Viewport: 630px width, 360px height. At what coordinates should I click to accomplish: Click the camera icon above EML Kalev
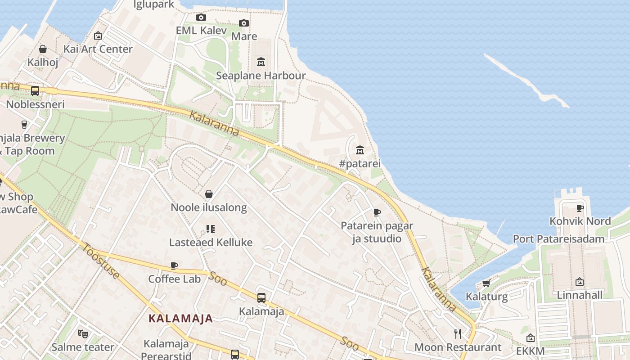pos(201,18)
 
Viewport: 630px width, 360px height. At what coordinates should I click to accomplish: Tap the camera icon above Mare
pos(244,23)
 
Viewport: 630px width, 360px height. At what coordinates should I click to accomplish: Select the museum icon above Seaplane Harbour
pos(261,62)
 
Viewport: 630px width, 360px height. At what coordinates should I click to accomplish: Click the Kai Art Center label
pos(98,49)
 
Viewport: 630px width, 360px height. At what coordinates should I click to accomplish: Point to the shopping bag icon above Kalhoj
pos(43,49)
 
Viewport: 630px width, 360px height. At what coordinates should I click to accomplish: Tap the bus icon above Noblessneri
pos(35,90)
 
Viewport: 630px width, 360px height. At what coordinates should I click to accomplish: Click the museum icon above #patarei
pos(360,150)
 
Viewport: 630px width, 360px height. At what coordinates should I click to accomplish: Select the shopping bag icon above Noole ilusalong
pos(209,194)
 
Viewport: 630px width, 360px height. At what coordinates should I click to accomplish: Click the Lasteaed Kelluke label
pos(211,243)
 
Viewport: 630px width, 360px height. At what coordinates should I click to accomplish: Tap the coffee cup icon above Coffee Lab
pos(174,265)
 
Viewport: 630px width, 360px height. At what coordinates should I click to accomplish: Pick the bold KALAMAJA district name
pos(181,319)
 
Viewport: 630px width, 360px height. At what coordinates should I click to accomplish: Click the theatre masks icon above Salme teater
pos(82,333)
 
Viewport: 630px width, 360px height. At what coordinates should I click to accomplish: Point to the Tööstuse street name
pos(101,261)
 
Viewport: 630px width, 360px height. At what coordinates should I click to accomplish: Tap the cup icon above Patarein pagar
pos(377,212)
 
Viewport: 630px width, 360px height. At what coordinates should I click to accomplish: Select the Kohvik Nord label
pos(580,221)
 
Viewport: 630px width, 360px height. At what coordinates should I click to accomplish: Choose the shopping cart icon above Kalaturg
pos(486,283)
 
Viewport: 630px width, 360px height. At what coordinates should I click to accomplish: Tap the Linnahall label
pos(580,295)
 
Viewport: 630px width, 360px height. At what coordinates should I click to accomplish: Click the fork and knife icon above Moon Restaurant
pos(458,333)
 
